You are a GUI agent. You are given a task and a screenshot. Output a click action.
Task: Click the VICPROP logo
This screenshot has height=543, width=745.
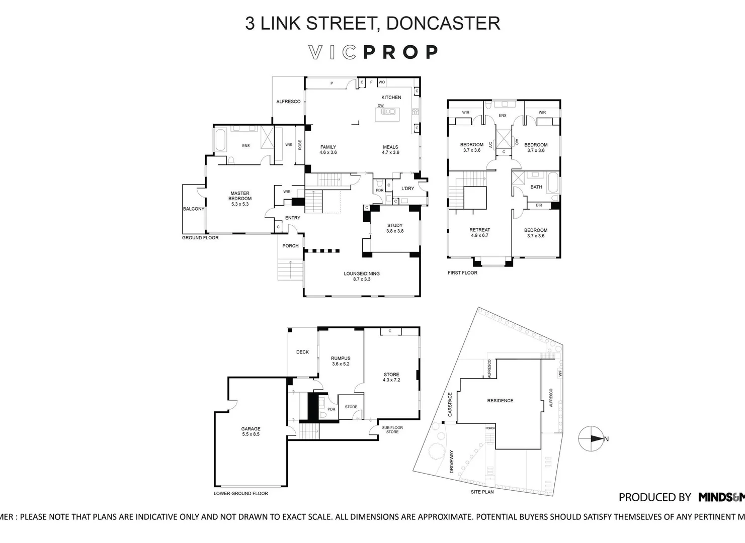click(373, 52)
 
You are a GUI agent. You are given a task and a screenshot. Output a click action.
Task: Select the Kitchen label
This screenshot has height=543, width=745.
click(391, 97)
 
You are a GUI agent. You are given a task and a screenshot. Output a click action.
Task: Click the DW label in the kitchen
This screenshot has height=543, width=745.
click(380, 106)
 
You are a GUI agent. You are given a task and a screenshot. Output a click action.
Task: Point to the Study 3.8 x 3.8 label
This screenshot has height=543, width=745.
click(395, 228)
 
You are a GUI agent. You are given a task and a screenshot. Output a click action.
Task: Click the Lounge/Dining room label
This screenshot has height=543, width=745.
click(362, 276)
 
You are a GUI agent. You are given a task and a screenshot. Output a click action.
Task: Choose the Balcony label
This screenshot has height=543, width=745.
click(194, 209)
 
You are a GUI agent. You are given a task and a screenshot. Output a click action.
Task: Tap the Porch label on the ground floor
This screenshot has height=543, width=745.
click(290, 246)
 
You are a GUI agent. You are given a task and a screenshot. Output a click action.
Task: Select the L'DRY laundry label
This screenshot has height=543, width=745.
click(407, 189)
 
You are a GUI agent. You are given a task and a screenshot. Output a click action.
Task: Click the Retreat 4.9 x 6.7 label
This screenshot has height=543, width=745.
click(479, 232)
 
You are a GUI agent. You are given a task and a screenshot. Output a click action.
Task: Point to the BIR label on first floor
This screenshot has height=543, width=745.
click(539, 205)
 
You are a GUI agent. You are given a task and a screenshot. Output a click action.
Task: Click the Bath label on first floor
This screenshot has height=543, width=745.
click(536, 187)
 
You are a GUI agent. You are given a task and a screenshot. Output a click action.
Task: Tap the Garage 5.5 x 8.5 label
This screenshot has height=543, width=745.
click(251, 431)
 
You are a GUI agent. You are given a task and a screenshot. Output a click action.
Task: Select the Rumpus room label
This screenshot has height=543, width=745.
click(341, 361)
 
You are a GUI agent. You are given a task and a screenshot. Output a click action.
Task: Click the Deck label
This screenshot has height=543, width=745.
click(302, 352)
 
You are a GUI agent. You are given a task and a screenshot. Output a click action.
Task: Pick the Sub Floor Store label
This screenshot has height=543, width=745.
click(392, 430)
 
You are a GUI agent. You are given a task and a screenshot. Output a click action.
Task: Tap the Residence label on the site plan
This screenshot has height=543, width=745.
click(500, 401)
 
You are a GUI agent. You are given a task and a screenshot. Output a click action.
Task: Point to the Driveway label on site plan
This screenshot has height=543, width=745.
click(451, 461)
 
